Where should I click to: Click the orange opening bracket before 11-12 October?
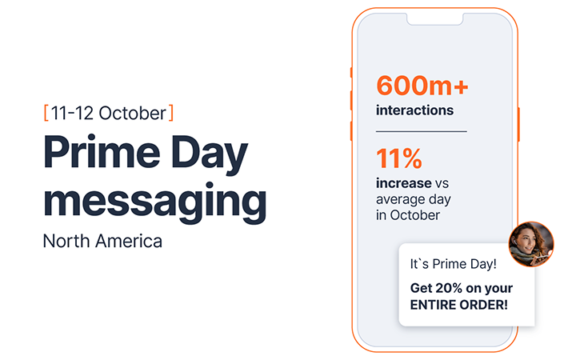[46, 111]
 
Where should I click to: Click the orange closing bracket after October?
[171, 111]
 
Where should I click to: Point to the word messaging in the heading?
[154, 202]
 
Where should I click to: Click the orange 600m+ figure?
[416, 86]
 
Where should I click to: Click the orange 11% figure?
[399, 159]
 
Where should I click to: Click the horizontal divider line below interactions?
[421, 130]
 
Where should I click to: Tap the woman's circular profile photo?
[531, 244]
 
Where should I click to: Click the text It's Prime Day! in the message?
[453, 264]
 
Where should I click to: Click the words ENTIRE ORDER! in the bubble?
[458, 304]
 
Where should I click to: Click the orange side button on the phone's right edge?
[519, 123]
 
